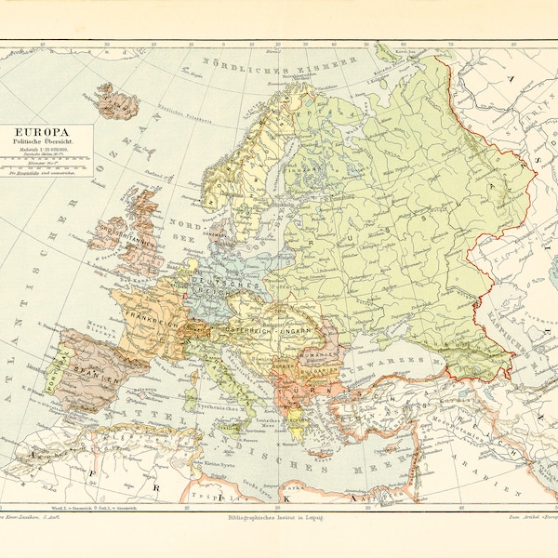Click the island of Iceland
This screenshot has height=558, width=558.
pyautogui.click(x=118, y=98)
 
